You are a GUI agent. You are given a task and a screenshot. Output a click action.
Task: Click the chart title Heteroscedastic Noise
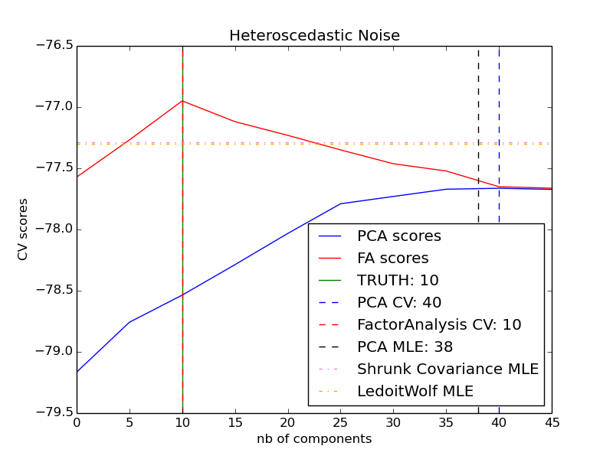pyautogui.click(x=314, y=36)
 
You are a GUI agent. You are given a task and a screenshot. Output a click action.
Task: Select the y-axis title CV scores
pyautogui.click(x=23, y=229)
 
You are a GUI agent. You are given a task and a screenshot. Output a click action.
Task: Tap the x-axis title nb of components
pyautogui.click(x=314, y=439)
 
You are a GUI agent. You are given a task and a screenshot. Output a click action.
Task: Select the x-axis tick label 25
pyautogui.click(x=340, y=423)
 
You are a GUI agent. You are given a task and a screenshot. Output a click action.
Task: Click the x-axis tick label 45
pyautogui.click(x=551, y=423)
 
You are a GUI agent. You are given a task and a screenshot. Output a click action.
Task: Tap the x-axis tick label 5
pyautogui.click(x=129, y=423)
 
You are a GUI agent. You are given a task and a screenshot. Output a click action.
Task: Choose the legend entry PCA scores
pyautogui.click(x=398, y=236)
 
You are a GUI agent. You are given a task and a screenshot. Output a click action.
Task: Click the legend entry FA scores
pyautogui.click(x=392, y=259)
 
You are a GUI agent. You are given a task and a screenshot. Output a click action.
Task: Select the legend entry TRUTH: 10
pyautogui.click(x=398, y=281)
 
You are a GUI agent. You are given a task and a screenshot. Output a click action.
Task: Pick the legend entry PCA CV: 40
pyautogui.click(x=399, y=303)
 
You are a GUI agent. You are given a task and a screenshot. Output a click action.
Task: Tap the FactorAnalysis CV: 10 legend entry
pyautogui.click(x=439, y=325)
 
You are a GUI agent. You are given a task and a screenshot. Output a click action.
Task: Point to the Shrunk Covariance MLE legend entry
pyautogui.click(x=447, y=369)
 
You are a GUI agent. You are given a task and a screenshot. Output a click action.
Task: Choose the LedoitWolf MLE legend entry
pyautogui.click(x=415, y=392)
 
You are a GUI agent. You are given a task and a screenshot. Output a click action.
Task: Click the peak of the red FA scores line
pyautogui.click(x=182, y=101)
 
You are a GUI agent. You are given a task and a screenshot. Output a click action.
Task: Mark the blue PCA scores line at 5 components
pyautogui.click(x=129, y=322)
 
